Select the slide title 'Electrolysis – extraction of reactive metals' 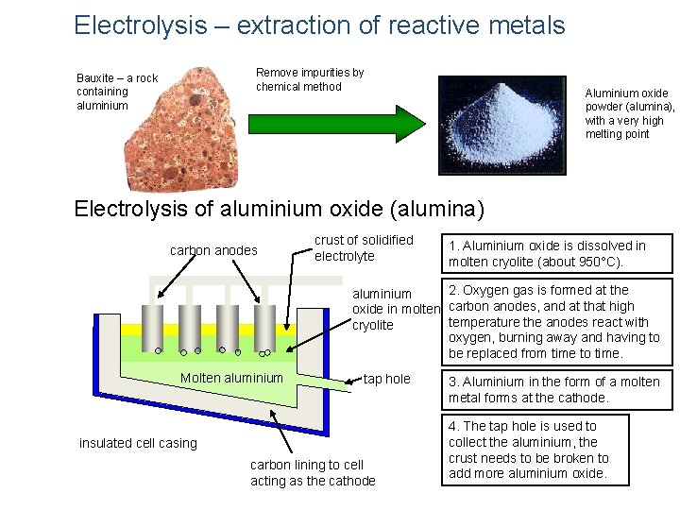[x=319, y=25]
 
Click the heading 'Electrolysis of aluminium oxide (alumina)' [x=279, y=208]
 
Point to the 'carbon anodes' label [x=213, y=250]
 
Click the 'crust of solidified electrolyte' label [x=364, y=248]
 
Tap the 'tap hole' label [x=387, y=379]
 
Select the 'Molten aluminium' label [x=231, y=378]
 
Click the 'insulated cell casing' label [x=138, y=443]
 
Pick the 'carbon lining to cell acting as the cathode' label [x=313, y=472]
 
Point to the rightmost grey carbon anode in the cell [x=265, y=326]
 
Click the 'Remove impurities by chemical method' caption [x=310, y=79]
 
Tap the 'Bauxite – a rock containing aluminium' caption [x=117, y=92]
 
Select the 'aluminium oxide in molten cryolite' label [x=396, y=310]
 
